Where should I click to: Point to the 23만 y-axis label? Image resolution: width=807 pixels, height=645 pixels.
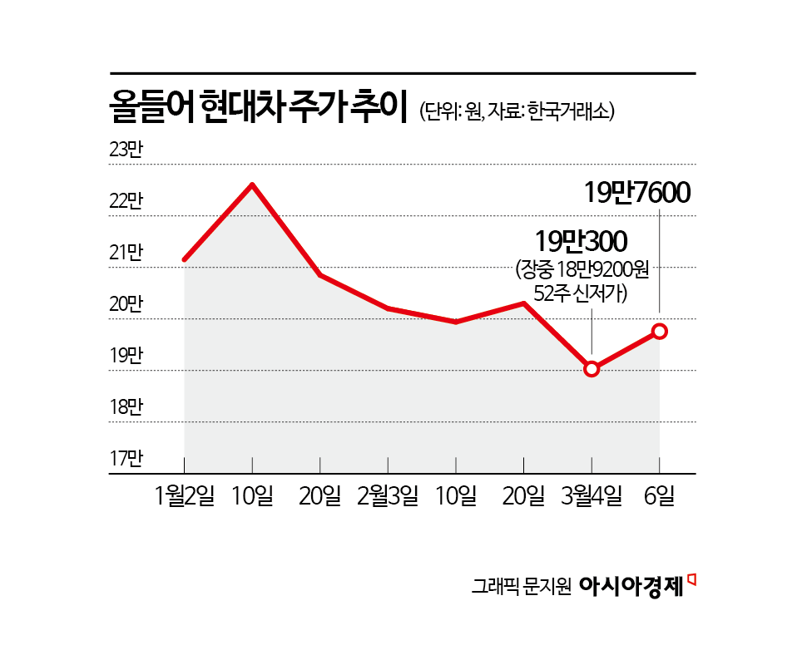[x=126, y=150]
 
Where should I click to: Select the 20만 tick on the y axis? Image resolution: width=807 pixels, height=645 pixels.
[x=126, y=305]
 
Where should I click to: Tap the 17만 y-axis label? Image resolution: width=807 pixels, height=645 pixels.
[x=126, y=459]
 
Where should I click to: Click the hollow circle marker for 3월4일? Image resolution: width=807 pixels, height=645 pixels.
[x=592, y=369]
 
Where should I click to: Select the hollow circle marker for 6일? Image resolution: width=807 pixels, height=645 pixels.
[x=660, y=331]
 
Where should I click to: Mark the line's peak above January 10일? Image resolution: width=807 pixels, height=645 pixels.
[x=252, y=185]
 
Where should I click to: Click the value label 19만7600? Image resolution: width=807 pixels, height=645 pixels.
[x=637, y=193]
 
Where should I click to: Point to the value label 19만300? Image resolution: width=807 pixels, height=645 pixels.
[x=582, y=242]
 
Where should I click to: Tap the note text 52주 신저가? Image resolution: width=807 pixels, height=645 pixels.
[x=582, y=294]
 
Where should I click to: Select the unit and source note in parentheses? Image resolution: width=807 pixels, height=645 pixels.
[x=517, y=111]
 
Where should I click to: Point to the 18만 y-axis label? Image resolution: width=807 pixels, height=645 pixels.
[x=126, y=407]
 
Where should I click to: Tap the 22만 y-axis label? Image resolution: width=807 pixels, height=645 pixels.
[x=126, y=202]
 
